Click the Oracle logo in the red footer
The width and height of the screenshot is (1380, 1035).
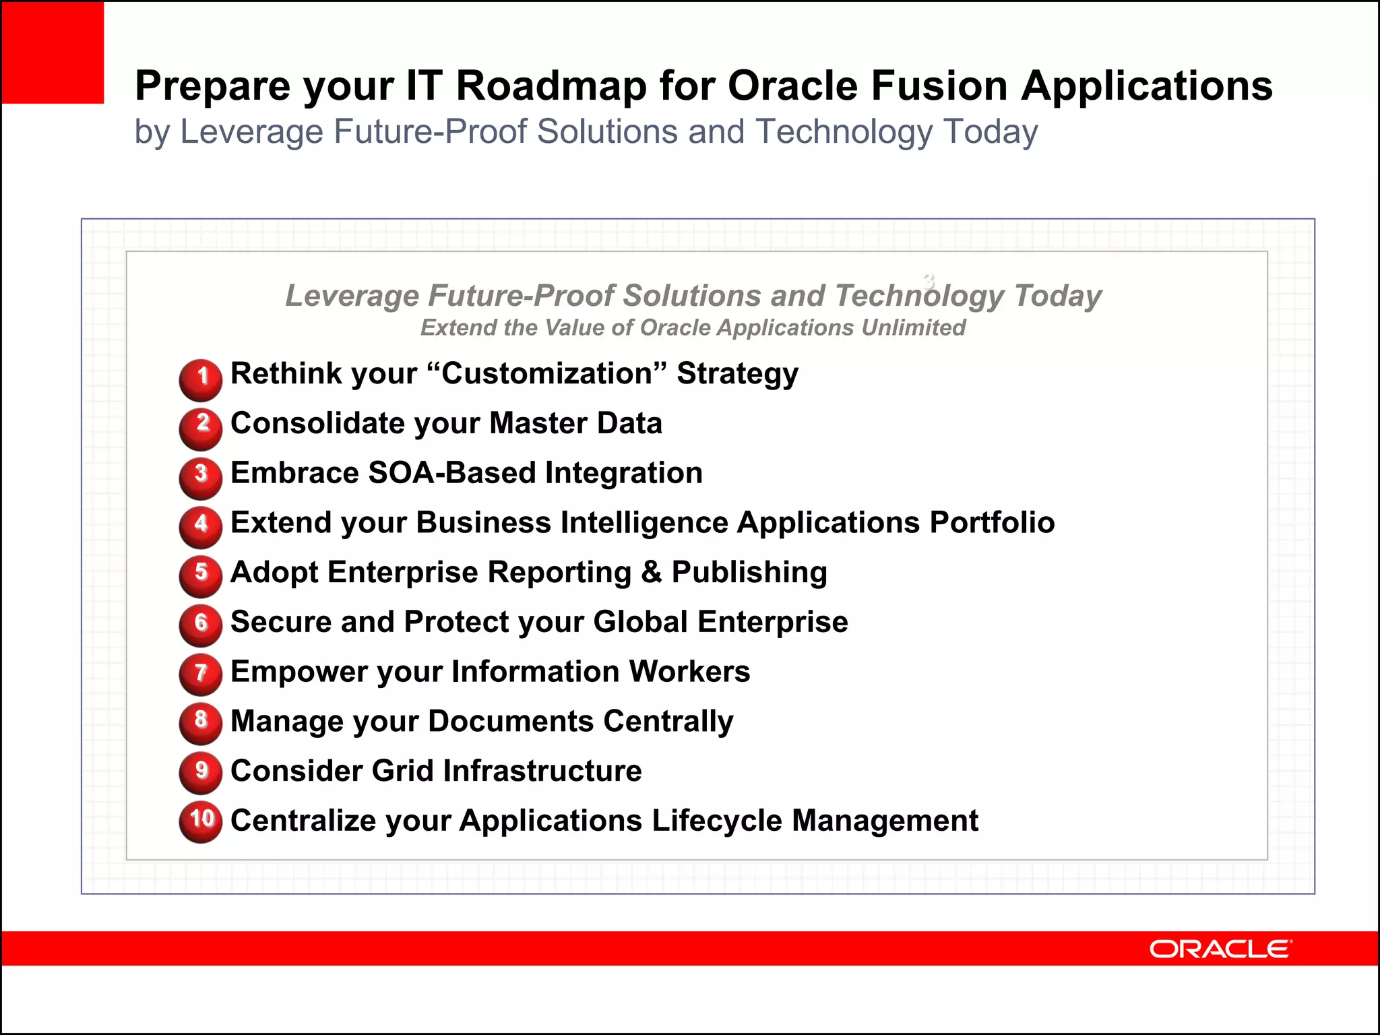1220,949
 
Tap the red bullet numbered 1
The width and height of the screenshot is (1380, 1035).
201,379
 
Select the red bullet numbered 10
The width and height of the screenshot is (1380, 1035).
201,821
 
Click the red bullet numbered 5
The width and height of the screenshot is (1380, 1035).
201,576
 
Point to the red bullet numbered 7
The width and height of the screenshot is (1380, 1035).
201,674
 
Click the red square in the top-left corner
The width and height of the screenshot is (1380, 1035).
53,53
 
